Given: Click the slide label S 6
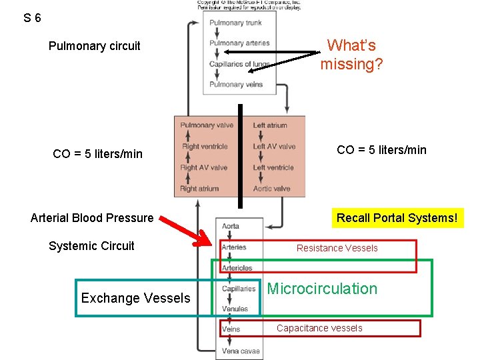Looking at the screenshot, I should [31, 18].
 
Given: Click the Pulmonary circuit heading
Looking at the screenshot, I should [94, 46].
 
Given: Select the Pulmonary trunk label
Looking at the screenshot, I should [235, 23].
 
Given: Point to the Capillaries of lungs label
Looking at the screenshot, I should [239, 64].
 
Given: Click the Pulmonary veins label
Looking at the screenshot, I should [236, 85].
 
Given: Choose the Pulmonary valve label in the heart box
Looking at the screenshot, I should [207, 125].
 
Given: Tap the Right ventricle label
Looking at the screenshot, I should [205, 147].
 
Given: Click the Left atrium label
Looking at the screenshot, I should [270, 125].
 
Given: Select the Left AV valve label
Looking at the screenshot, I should [274, 147].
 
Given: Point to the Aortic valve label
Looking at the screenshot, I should [272, 189].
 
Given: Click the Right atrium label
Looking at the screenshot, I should [199, 189].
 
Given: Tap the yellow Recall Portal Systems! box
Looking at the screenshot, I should [397, 218].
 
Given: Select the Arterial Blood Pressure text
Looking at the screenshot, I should [92, 218].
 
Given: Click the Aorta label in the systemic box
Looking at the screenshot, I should [231, 227].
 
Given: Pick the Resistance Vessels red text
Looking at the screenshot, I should [337, 248].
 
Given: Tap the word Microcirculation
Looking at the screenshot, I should [322, 289].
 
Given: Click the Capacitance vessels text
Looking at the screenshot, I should [319, 328].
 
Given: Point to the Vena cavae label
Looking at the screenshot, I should [241, 351].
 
